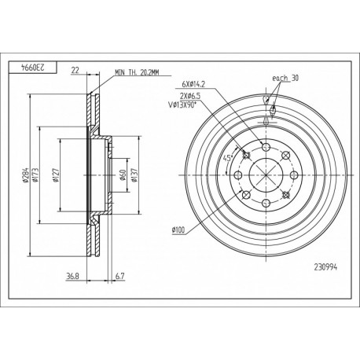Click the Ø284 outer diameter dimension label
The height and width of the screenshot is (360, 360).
[25, 175]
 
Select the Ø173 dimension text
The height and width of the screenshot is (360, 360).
[35, 174]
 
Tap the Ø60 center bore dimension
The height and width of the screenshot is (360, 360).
[123, 174]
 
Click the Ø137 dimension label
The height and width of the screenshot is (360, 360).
[134, 174]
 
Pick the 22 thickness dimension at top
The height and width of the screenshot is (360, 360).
[75, 70]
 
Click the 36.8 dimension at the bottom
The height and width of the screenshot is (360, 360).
[72, 276]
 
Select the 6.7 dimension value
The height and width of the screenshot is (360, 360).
[119, 276]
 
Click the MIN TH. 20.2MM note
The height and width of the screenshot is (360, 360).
[137, 72]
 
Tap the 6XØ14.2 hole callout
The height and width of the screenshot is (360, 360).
[193, 84]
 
